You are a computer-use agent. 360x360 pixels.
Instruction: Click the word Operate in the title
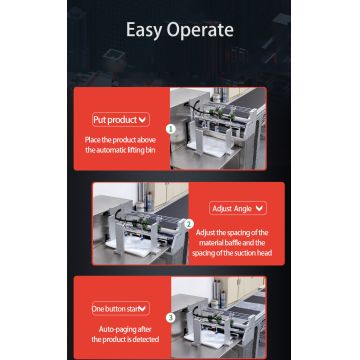(x=202, y=30)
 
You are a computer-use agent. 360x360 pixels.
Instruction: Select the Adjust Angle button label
(x=234, y=208)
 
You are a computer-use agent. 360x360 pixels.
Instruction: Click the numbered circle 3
(x=170, y=317)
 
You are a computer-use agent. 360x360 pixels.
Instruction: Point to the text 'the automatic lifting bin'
(x=120, y=149)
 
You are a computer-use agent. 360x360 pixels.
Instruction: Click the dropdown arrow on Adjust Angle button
(x=259, y=208)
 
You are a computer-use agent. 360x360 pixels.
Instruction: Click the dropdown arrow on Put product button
(x=143, y=119)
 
